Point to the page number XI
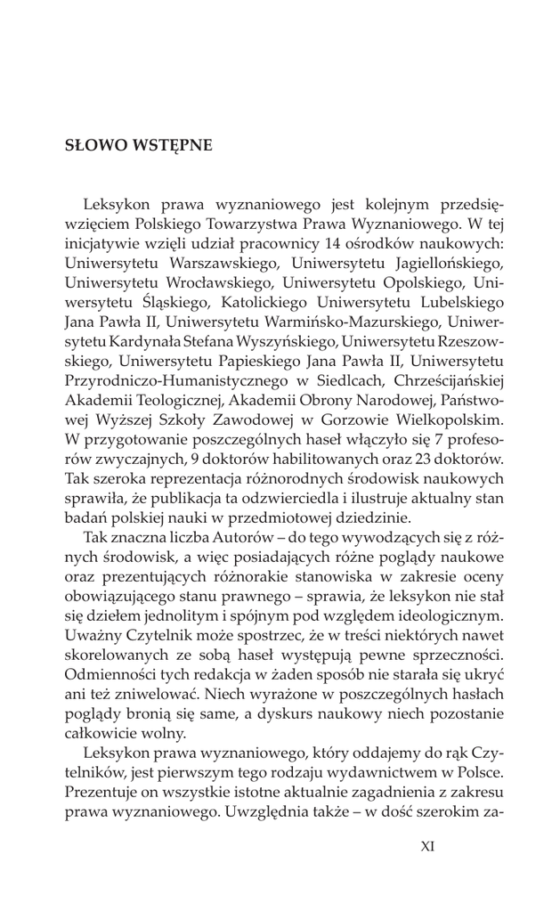[427, 846]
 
